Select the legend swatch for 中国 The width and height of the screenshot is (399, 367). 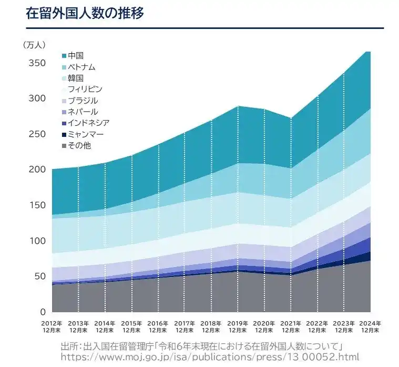[x=64, y=56]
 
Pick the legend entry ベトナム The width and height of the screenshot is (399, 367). [x=81, y=67]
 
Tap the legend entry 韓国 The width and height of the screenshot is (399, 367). [x=76, y=78]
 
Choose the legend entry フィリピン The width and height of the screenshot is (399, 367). [x=85, y=90]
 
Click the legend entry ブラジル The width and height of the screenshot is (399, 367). [x=83, y=101]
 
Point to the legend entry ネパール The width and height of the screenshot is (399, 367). [x=83, y=112]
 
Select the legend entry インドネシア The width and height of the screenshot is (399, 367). [x=88, y=123]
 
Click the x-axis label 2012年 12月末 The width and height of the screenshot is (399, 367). [x=52, y=326]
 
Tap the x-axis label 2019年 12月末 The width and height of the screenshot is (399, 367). [x=238, y=326]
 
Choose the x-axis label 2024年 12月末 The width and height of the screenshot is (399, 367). [x=370, y=326]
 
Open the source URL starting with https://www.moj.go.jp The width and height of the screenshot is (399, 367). [x=210, y=356]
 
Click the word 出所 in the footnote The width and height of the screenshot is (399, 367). [x=70, y=345]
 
